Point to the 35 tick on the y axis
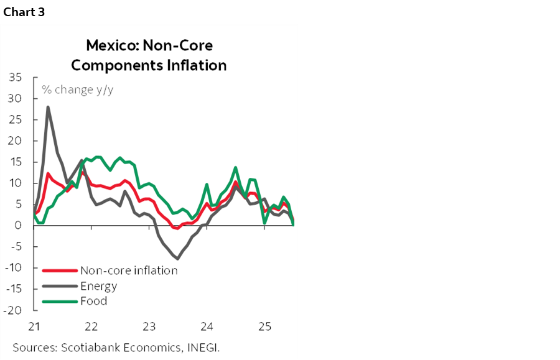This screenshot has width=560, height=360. (16, 78)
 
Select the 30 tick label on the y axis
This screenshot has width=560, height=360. (16, 99)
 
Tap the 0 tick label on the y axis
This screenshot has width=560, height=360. (19, 226)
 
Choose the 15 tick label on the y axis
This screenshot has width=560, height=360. (16, 162)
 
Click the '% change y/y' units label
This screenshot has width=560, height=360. (78, 90)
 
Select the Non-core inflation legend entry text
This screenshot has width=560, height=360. (129, 270)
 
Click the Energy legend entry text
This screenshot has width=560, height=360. (98, 286)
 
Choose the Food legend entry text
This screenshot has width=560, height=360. (93, 301)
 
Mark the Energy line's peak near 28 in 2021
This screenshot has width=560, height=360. (48, 107)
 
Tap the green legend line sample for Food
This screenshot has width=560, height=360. (60, 302)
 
